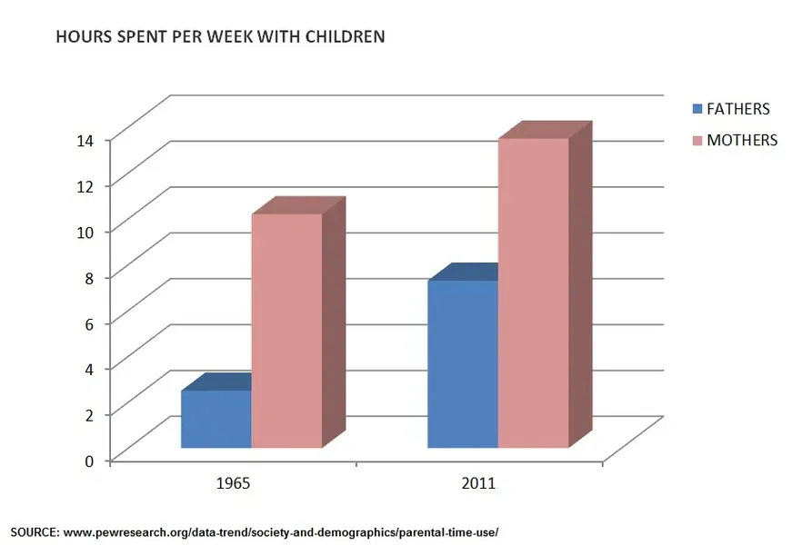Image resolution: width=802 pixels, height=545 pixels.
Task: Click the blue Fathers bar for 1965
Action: coord(216,419)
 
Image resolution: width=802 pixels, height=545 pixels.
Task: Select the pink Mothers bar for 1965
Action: coord(286,331)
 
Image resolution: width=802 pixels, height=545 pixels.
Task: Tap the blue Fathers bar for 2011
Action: coord(462,364)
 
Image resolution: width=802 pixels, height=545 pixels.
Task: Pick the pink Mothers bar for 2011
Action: coord(533,292)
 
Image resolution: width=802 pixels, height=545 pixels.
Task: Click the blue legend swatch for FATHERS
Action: coord(697,110)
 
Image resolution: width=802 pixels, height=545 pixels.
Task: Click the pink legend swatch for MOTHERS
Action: coord(697,141)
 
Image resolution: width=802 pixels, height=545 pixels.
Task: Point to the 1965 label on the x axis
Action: coord(234,482)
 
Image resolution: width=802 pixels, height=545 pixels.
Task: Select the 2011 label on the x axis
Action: coord(478,482)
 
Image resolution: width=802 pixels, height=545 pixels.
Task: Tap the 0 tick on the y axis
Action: coord(89,460)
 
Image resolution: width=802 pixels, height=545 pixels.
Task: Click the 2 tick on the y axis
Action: coord(89,414)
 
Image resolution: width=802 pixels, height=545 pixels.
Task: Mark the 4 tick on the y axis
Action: coord(89,368)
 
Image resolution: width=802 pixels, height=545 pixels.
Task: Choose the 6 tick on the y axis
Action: coord(89,322)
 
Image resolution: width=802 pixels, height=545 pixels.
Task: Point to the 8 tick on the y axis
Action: coord(89,277)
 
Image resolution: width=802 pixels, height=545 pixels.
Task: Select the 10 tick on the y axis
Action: coord(85,231)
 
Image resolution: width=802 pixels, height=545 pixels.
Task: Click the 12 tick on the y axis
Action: coord(85,185)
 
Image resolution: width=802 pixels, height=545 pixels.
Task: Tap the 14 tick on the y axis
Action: coord(85,140)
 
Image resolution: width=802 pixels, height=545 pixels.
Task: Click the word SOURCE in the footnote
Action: coord(34,531)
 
